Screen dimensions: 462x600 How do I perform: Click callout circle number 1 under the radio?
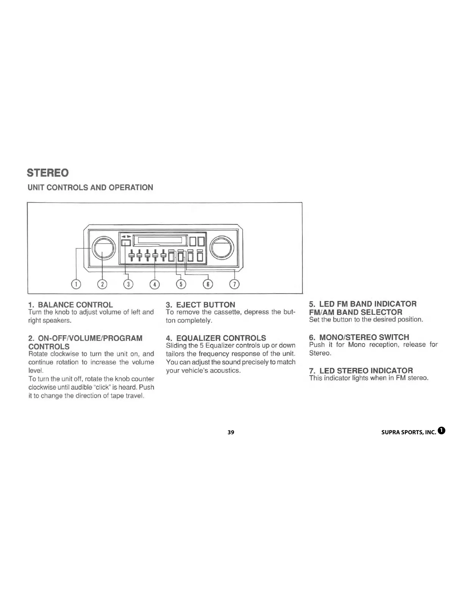pos(76,284)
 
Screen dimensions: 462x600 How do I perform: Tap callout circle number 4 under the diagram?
pos(155,284)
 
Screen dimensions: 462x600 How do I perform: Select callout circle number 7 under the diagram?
pos(235,284)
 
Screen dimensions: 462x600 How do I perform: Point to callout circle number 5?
pos(181,284)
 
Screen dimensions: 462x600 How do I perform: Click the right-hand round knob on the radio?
pos(221,248)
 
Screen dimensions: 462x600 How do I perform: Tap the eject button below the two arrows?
pos(126,243)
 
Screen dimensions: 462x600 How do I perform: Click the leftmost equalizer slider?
pos(131,256)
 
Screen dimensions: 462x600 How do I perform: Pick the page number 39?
pos(231,432)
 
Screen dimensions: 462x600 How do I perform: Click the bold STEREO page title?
pos(48,173)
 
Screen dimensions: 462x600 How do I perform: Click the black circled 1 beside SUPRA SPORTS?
pos(441,430)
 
